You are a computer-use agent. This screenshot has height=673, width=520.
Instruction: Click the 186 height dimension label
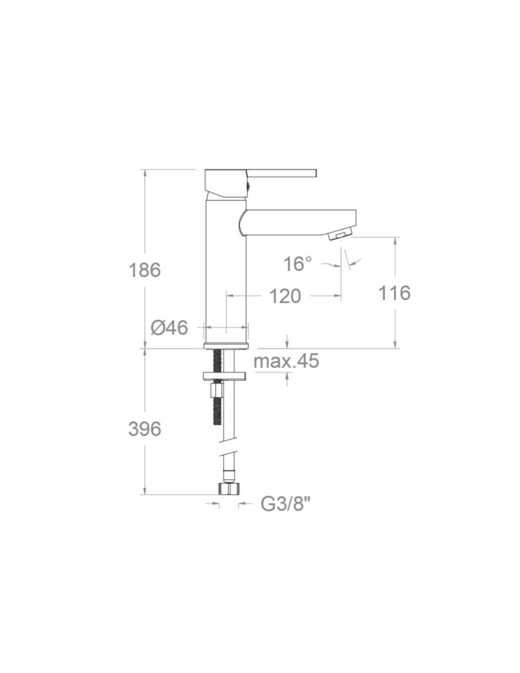145,270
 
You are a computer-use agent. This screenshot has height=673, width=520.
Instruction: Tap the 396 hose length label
145,429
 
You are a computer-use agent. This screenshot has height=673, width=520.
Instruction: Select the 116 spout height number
394,292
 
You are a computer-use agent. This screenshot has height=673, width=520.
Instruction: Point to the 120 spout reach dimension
285,296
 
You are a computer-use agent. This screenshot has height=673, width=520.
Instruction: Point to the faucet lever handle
281,173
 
